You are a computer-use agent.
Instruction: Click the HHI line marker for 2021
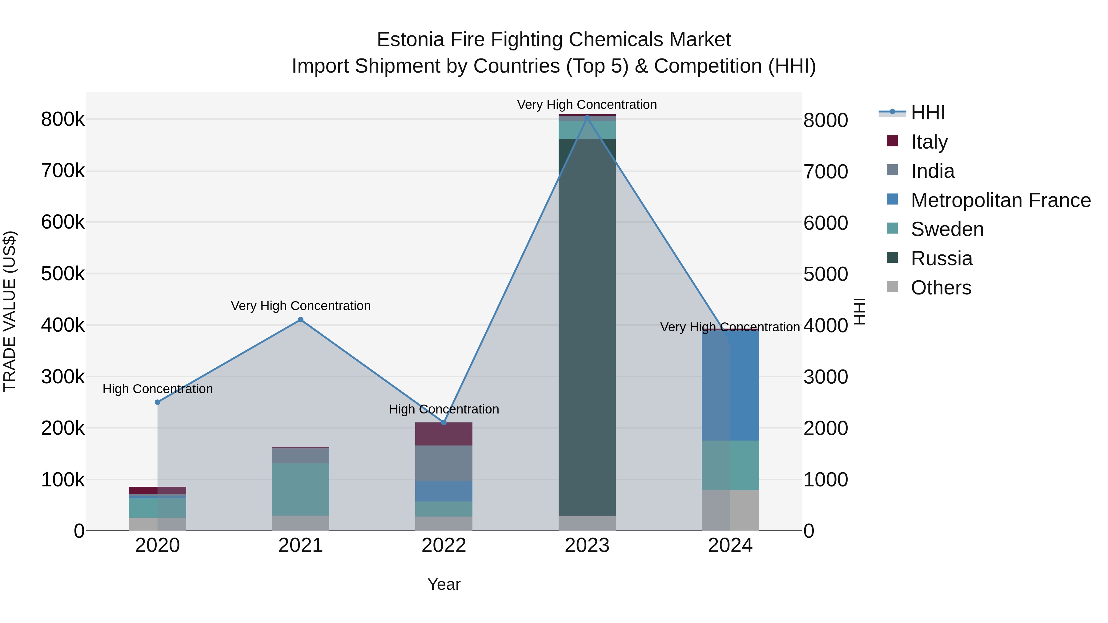tap(301, 319)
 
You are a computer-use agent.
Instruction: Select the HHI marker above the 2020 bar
tap(157, 402)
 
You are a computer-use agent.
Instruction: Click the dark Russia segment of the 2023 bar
tap(587, 327)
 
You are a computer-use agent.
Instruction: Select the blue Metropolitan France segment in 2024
tap(730, 385)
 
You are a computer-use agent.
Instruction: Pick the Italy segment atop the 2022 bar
tap(444, 434)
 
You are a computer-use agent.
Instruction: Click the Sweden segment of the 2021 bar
tap(301, 489)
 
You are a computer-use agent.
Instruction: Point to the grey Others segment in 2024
tap(730, 510)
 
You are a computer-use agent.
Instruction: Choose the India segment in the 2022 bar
tap(444, 464)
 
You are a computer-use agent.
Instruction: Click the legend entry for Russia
tap(941, 258)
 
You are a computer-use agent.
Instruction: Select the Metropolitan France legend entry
tap(1001, 200)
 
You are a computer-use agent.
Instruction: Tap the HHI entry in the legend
tap(927, 113)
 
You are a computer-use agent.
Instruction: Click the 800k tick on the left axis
tap(63, 120)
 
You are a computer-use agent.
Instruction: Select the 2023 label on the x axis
tap(587, 545)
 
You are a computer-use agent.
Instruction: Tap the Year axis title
tap(444, 584)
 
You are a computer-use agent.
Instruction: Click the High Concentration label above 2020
tap(157, 389)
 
